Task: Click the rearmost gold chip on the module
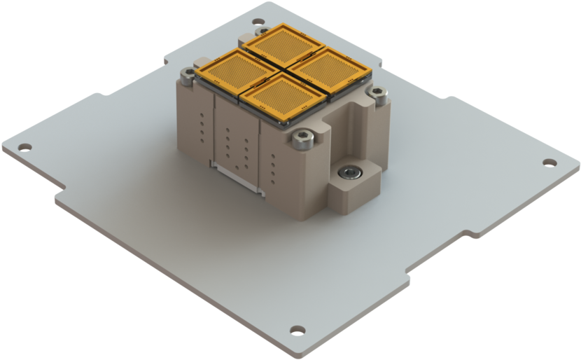pos(281,43)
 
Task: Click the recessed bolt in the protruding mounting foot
pos(348,172)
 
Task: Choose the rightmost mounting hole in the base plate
pos(547,162)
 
